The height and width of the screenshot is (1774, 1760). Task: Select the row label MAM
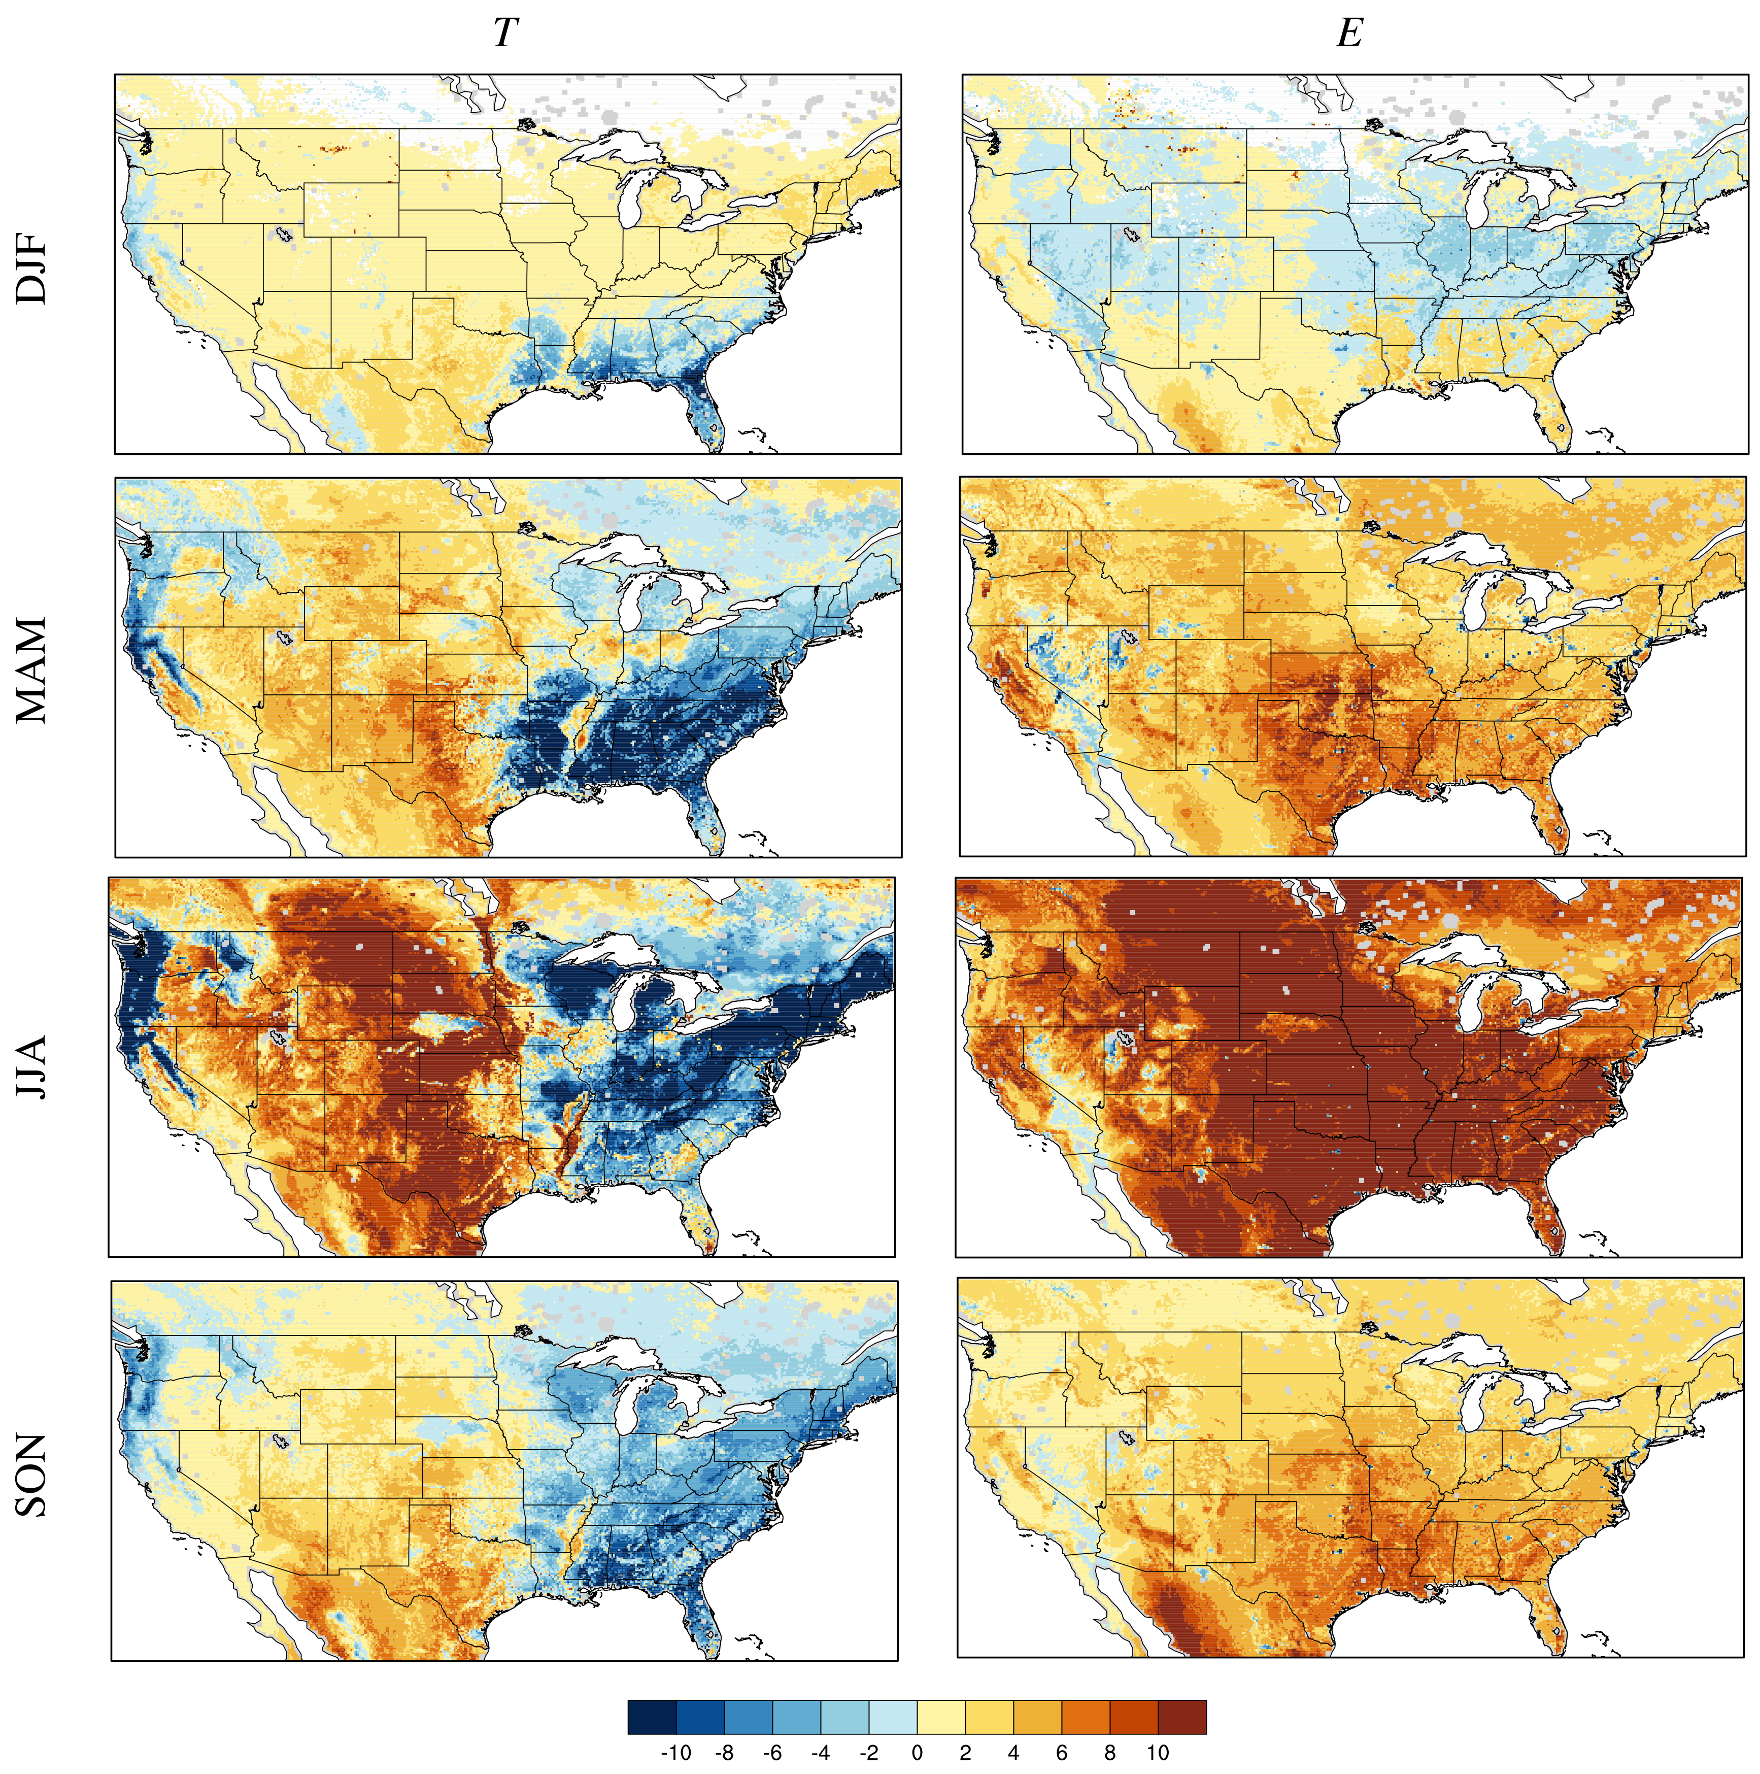tap(31, 671)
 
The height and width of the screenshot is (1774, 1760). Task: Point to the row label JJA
tap(31, 1068)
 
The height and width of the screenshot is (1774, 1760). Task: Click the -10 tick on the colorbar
tap(675, 1753)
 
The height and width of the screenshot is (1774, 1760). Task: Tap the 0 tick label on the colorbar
tap(916, 1753)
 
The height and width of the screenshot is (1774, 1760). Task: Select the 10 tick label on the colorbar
tap(1157, 1753)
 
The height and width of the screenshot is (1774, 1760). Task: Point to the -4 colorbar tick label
tap(820, 1753)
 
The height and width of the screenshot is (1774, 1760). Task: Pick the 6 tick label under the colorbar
tap(1060, 1753)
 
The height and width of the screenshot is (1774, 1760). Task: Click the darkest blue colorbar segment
tap(652, 1716)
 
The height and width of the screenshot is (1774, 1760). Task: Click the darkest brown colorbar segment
tap(1181, 1716)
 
